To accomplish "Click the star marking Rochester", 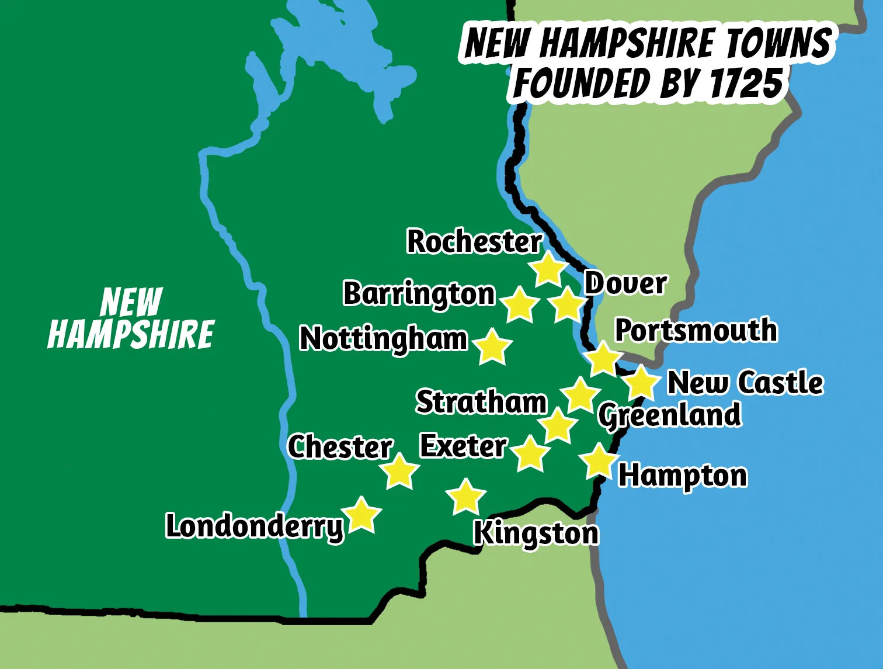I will pyautogui.click(x=548, y=269).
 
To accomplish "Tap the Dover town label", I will pyautogui.click(x=625, y=284).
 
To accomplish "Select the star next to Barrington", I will pyautogui.click(x=520, y=305).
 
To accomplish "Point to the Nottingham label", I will pyautogui.click(x=383, y=339).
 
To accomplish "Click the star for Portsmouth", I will pyautogui.click(x=603, y=359).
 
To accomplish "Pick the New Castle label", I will pyautogui.click(x=745, y=383).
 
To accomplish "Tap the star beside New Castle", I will pyautogui.click(x=641, y=383).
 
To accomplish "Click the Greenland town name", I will pyautogui.click(x=670, y=415).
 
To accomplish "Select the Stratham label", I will pyautogui.click(x=481, y=402).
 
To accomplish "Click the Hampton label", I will pyautogui.click(x=683, y=476).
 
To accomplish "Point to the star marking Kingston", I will pyautogui.click(x=466, y=497).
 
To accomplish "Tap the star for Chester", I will pyautogui.click(x=401, y=471).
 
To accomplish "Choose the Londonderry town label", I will pyautogui.click(x=255, y=526).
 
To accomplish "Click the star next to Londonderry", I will pyautogui.click(x=362, y=515).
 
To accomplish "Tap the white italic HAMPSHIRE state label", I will pyautogui.click(x=131, y=335).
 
